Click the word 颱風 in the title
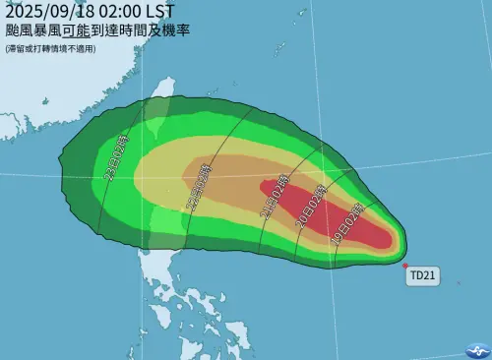[18, 30]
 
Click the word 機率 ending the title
[176, 30]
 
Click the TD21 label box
[422, 277]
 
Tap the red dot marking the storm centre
[405, 265]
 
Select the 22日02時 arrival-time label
[197, 186]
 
